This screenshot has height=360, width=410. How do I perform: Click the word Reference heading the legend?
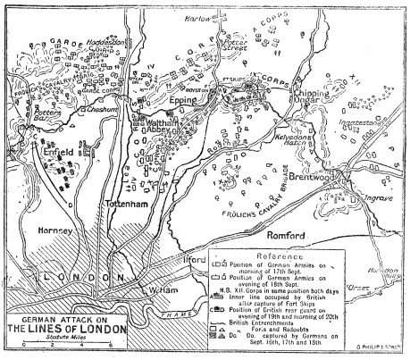pyautogui.click(x=280, y=255)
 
